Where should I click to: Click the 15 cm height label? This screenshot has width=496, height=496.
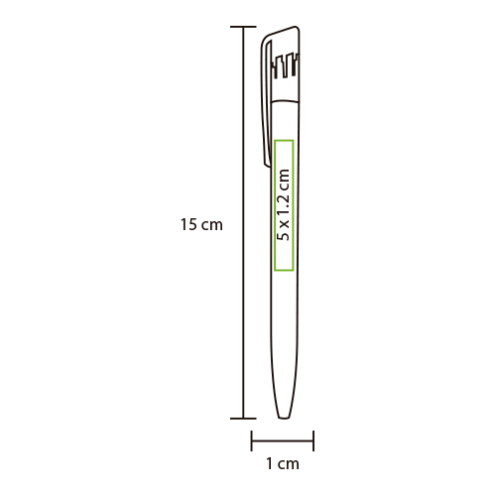click(201, 225)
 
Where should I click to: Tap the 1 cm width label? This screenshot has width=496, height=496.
click(283, 464)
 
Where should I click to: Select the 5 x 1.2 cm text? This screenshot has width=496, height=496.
click(284, 205)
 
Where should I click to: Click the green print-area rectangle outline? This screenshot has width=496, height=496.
click(274, 205)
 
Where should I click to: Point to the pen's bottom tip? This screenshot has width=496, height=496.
click(284, 418)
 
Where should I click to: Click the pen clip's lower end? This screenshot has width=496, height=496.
click(267, 164)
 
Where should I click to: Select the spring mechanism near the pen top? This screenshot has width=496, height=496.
click(286, 65)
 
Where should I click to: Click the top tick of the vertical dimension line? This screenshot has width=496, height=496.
click(243, 27)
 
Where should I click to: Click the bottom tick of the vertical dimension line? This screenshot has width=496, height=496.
click(243, 419)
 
